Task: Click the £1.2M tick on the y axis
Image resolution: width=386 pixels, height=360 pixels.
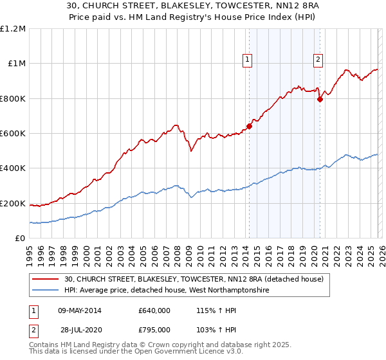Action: click(x=14, y=29)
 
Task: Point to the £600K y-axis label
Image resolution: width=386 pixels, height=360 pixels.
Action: click(x=14, y=134)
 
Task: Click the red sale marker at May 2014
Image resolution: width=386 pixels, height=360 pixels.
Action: click(x=249, y=126)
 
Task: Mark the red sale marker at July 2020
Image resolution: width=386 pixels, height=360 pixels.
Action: click(x=320, y=99)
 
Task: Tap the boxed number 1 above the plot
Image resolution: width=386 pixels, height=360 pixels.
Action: click(x=247, y=60)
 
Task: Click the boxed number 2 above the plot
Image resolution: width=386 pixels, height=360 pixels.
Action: click(x=318, y=60)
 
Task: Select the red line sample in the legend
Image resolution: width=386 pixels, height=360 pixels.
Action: click(x=46, y=279)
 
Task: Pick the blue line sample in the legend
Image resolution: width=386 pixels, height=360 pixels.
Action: click(x=46, y=291)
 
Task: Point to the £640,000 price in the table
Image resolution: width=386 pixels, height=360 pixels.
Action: click(x=154, y=310)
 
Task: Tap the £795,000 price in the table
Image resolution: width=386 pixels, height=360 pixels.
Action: click(x=154, y=330)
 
